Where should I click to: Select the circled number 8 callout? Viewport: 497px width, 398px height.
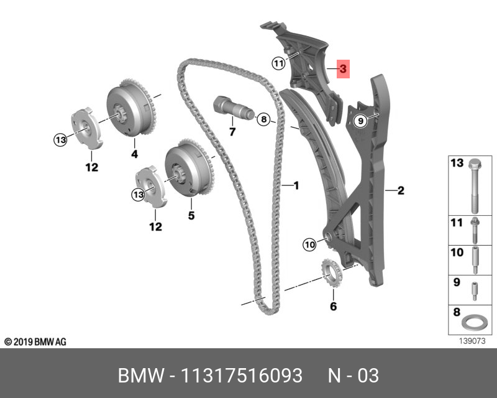(263, 118)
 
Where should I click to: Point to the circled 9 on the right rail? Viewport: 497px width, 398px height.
(359, 121)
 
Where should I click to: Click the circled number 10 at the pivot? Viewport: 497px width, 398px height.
(310, 245)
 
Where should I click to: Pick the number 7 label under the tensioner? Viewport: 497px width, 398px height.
(232, 132)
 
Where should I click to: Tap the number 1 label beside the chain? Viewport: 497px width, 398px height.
(296, 185)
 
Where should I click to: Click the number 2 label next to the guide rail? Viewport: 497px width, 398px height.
(401, 190)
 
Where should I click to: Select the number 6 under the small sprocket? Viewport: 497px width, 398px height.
(333, 306)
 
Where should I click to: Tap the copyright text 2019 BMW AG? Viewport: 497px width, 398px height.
(35, 342)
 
